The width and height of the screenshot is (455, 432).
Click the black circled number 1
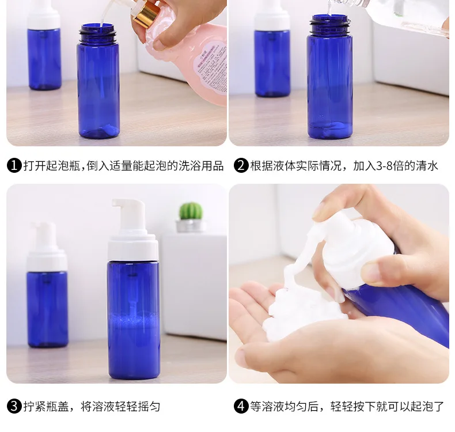(x=14, y=165)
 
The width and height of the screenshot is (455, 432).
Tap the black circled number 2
(x=241, y=165)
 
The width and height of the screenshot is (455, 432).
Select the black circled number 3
(x=14, y=406)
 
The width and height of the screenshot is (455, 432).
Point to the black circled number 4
(x=241, y=406)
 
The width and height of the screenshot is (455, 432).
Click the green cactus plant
(x=191, y=211)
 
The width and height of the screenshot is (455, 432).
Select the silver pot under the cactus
(x=191, y=226)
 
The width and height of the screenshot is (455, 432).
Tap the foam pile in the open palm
(x=302, y=313)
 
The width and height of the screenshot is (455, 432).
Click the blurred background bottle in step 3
(x=47, y=285)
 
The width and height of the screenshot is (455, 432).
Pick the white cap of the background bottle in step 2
(x=272, y=15)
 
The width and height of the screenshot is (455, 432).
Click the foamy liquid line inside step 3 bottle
(x=134, y=319)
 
